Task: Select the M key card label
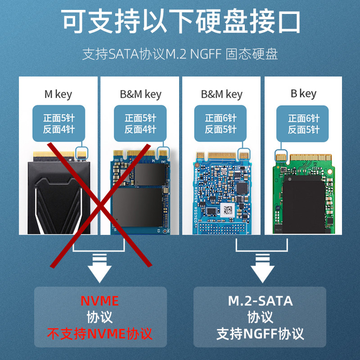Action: click(x=58, y=94)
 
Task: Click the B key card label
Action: click(x=303, y=94)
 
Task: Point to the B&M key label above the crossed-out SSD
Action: click(x=140, y=94)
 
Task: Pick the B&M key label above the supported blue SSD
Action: click(x=221, y=94)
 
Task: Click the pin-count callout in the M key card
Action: click(x=58, y=124)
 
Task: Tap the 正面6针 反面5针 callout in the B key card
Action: click(x=303, y=124)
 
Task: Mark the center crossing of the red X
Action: click(x=100, y=205)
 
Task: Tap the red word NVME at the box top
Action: click(x=99, y=301)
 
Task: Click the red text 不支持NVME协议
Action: click(x=100, y=333)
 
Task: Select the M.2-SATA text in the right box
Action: click(x=260, y=301)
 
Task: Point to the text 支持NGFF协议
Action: click(x=260, y=333)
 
